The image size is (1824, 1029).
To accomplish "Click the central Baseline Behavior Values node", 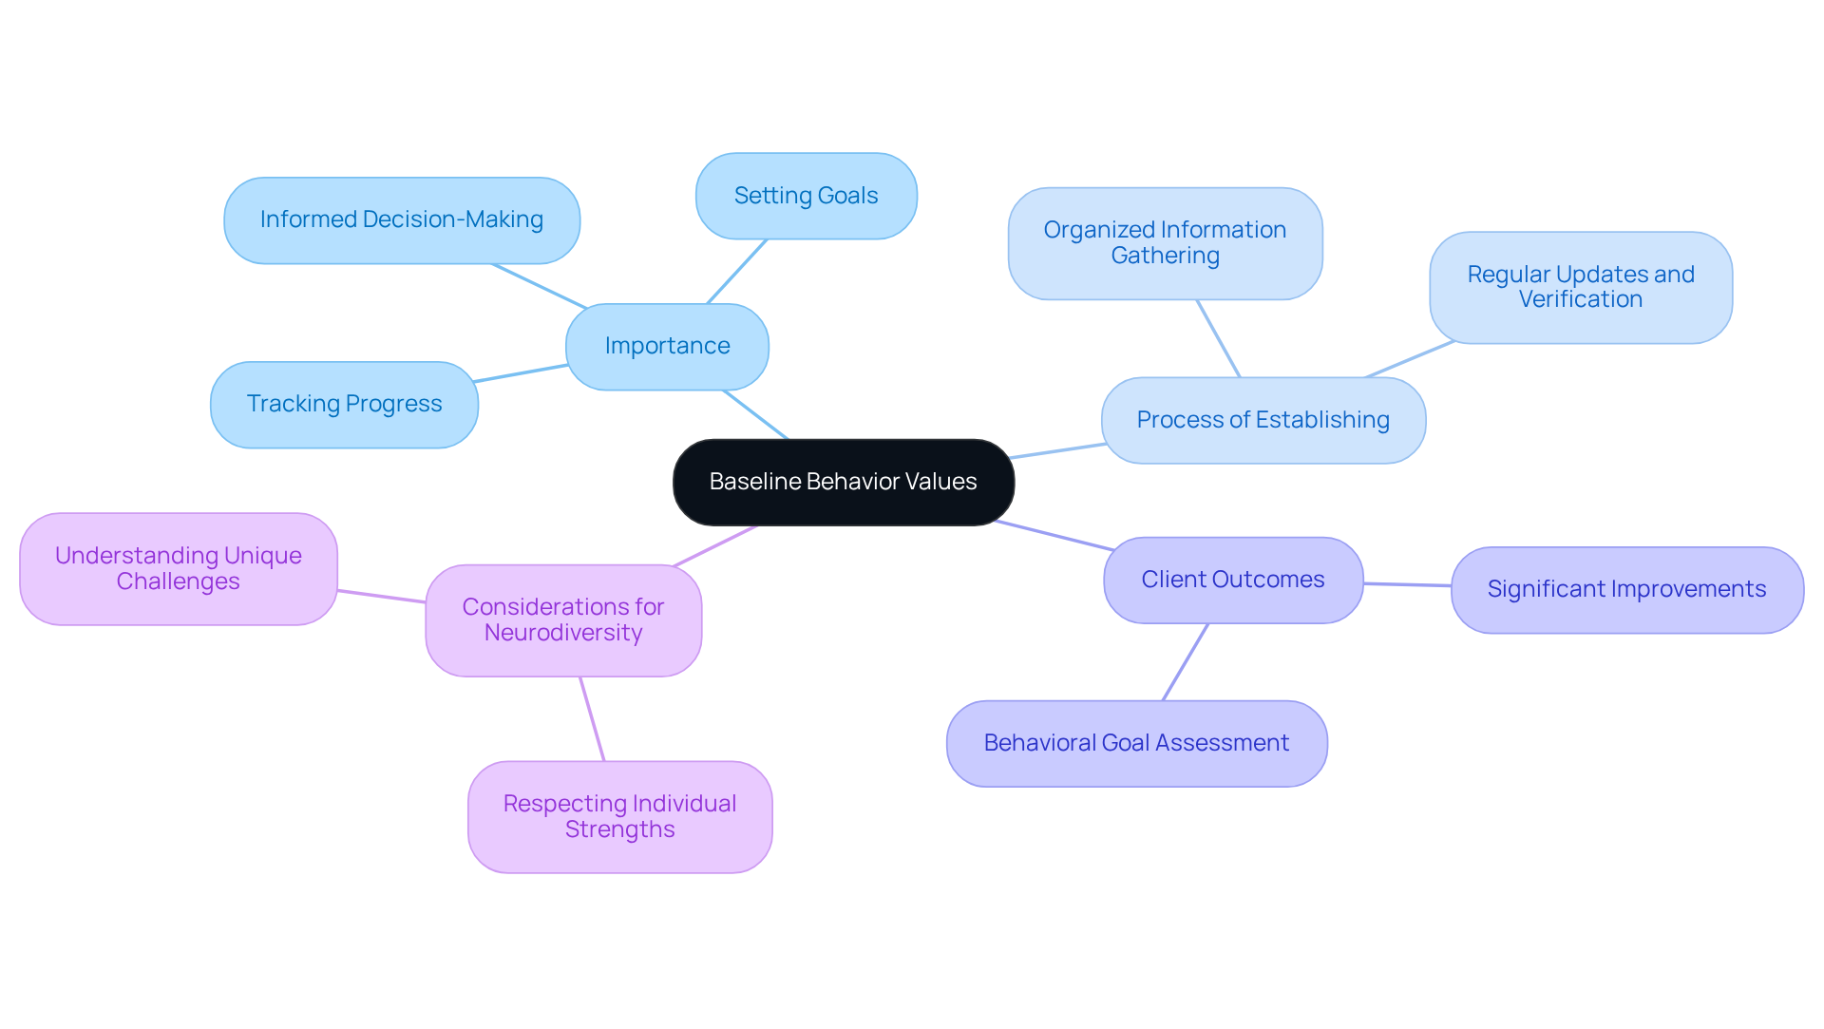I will pyautogui.click(x=843, y=482).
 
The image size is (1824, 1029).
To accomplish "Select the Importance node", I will pyautogui.click(x=667, y=346).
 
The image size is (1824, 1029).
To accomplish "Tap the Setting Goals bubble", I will pyautogui.click(x=806, y=196).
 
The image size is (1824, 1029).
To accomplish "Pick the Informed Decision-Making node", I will pyautogui.click(x=401, y=219).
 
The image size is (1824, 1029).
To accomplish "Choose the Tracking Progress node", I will pyautogui.click(x=344, y=404).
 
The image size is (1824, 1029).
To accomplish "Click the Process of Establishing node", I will pyautogui.click(x=1263, y=420).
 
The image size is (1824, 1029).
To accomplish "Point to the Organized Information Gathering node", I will pyautogui.click(x=1165, y=243).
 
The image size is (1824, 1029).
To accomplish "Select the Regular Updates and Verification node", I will pyautogui.click(x=1580, y=287).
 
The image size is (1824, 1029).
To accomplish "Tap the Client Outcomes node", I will pyautogui.click(x=1232, y=580).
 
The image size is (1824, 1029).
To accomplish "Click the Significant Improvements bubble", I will pyautogui.click(x=1626, y=589).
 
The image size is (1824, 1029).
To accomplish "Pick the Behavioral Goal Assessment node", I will pyautogui.click(x=1136, y=743).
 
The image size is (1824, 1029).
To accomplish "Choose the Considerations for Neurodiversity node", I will pyautogui.click(x=562, y=619).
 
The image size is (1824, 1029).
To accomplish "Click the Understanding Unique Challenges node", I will pyautogui.click(x=178, y=568).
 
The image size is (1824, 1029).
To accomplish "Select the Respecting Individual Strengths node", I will pyautogui.click(x=619, y=816).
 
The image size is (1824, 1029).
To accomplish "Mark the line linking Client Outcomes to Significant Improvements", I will pyautogui.click(x=1407, y=584).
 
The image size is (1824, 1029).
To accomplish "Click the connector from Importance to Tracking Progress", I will pyautogui.click(x=522, y=373).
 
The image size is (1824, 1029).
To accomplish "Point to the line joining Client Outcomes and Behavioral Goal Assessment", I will pyautogui.click(x=1186, y=662).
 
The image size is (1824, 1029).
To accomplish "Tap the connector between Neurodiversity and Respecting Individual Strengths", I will pyautogui.click(x=592, y=719).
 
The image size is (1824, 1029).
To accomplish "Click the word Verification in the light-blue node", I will pyautogui.click(x=1580, y=299).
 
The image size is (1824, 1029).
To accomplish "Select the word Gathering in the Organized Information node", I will pyautogui.click(x=1165, y=256).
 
